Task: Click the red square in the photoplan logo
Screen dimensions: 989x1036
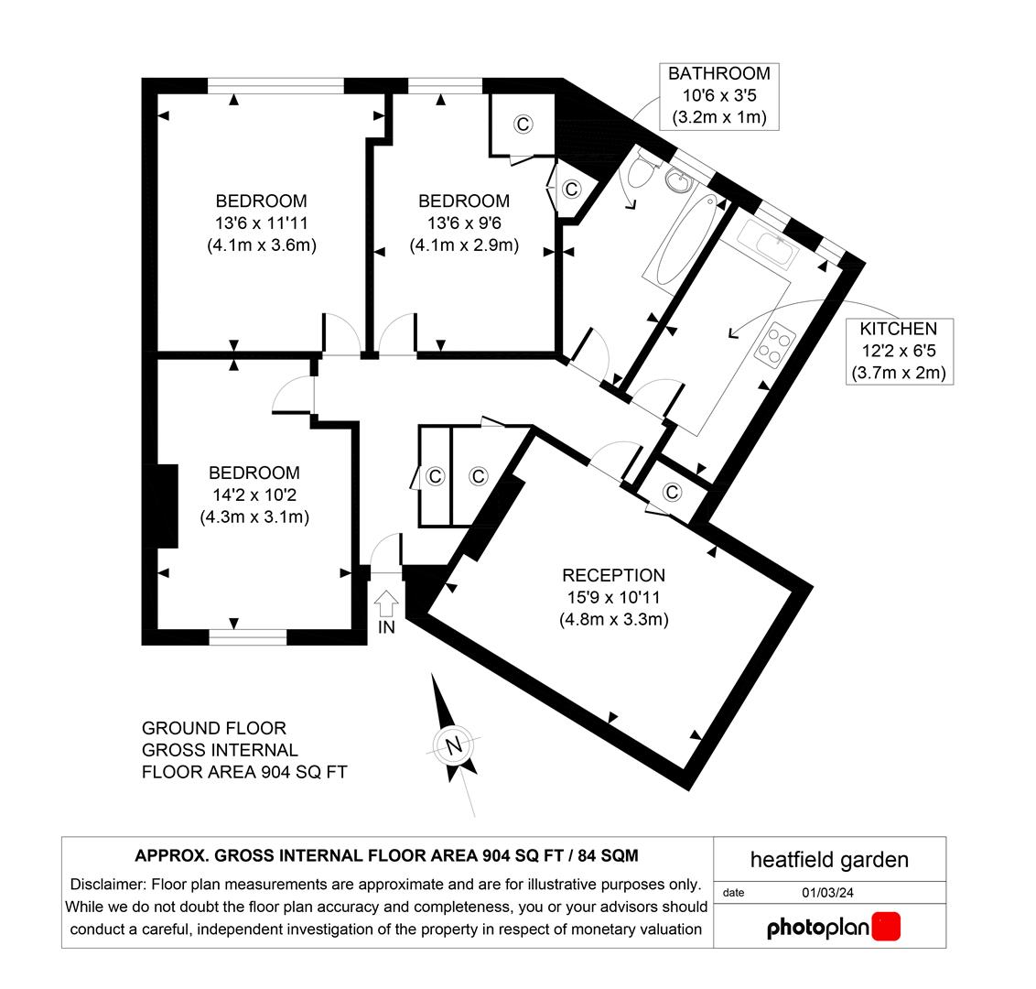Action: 885,926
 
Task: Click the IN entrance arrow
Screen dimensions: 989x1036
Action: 386,603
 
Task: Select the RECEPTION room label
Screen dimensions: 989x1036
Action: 613,575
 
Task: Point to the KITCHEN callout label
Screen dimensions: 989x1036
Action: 897,329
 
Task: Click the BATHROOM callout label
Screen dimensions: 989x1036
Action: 718,73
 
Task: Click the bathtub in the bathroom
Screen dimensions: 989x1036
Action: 680,241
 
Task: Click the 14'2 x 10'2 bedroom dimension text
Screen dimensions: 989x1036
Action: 254,494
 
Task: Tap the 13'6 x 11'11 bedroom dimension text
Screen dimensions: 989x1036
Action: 261,223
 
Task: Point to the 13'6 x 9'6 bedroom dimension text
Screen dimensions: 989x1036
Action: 463,223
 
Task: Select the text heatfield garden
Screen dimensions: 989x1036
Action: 829,859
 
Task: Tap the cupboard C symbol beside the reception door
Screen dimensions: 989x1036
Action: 673,493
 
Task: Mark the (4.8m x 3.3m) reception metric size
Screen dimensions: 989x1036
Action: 613,619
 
